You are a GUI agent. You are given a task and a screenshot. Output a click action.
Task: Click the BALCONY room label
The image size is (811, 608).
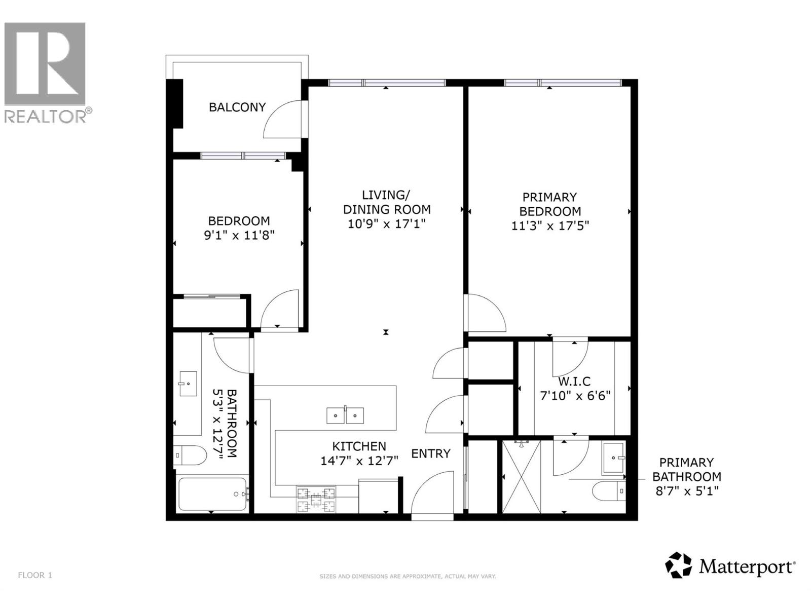click(x=237, y=107)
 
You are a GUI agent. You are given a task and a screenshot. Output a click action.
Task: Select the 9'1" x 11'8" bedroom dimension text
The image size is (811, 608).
click(x=239, y=235)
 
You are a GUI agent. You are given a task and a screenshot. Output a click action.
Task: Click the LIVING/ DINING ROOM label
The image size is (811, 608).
click(x=387, y=202)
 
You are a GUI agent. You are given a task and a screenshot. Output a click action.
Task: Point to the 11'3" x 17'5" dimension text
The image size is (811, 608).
click(x=550, y=225)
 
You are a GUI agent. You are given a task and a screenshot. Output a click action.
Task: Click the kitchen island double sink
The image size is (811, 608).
click(x=345, y=415)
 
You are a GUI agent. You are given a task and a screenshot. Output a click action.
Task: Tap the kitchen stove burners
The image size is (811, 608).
click(x=316, y=499)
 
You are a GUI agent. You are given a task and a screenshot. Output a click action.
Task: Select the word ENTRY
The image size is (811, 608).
click(x=430, y=453)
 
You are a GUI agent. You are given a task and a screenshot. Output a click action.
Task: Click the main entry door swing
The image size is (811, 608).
click(x=432, y=494)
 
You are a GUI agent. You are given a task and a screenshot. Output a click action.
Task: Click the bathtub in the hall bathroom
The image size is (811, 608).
click(x=212, y=494)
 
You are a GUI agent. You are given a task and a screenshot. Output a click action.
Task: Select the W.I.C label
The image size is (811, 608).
click(x=574, y=382)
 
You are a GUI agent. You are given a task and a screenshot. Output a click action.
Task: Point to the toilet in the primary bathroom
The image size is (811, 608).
click(x=609, y=490)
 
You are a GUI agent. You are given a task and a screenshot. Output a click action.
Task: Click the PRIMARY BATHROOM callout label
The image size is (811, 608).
click(x=686, y=476)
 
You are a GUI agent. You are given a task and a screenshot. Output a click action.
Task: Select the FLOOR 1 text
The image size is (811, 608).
click(x=35, y=575)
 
